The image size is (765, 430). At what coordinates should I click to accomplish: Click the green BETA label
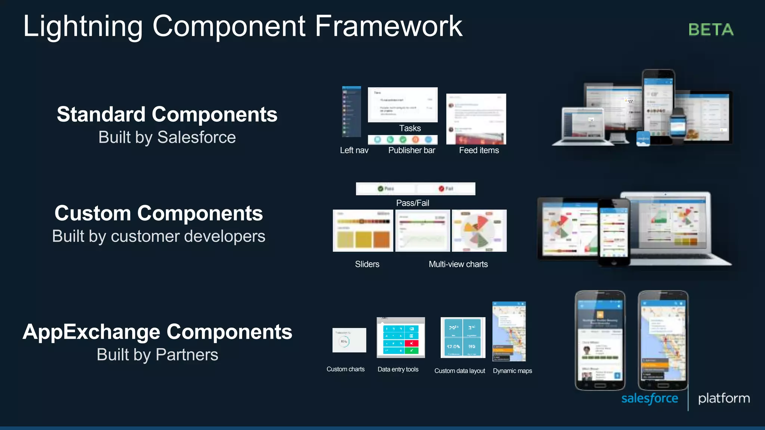711,29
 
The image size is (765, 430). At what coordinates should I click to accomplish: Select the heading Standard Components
167,114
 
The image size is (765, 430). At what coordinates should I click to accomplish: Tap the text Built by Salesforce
167,137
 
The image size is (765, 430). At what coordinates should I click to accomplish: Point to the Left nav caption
354,150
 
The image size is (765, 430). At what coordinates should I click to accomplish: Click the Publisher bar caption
412,150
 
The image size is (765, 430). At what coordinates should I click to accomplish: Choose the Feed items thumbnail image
476,119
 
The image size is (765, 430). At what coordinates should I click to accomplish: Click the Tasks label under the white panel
410,128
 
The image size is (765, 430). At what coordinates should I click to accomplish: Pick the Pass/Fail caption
412,203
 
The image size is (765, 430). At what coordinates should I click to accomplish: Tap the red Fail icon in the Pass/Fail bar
442,188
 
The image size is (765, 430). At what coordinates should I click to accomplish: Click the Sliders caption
367,264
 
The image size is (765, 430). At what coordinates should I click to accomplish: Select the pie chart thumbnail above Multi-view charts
479,230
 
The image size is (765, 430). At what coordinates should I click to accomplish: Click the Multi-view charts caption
458,264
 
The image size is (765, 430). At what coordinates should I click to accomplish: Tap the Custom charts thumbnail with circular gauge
349,340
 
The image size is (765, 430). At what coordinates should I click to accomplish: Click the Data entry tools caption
398,369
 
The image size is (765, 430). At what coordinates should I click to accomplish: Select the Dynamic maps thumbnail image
509,331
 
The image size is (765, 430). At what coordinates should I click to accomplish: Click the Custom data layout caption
459,371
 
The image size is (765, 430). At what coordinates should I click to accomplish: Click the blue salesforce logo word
650,398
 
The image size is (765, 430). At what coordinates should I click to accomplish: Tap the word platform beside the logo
724,398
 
